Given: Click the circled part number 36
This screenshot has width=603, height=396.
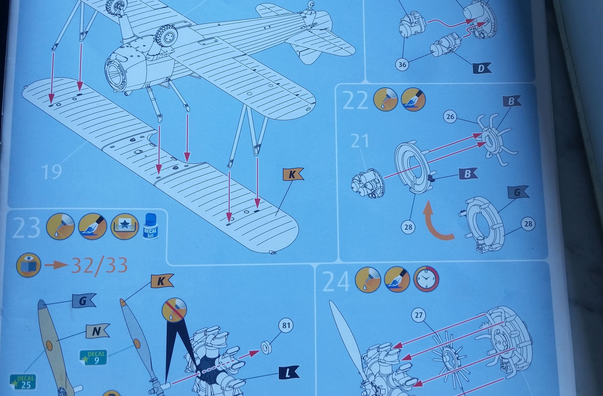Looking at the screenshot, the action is click(x=402, y=65).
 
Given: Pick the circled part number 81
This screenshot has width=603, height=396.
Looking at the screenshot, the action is click(x=286, y=325).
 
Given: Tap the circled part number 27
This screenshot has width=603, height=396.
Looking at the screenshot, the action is click(x=419, y=315).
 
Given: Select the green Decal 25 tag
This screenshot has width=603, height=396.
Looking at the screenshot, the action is click(x=23, y=382).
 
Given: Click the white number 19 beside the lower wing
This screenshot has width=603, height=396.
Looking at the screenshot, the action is click(x=51, y=172).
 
